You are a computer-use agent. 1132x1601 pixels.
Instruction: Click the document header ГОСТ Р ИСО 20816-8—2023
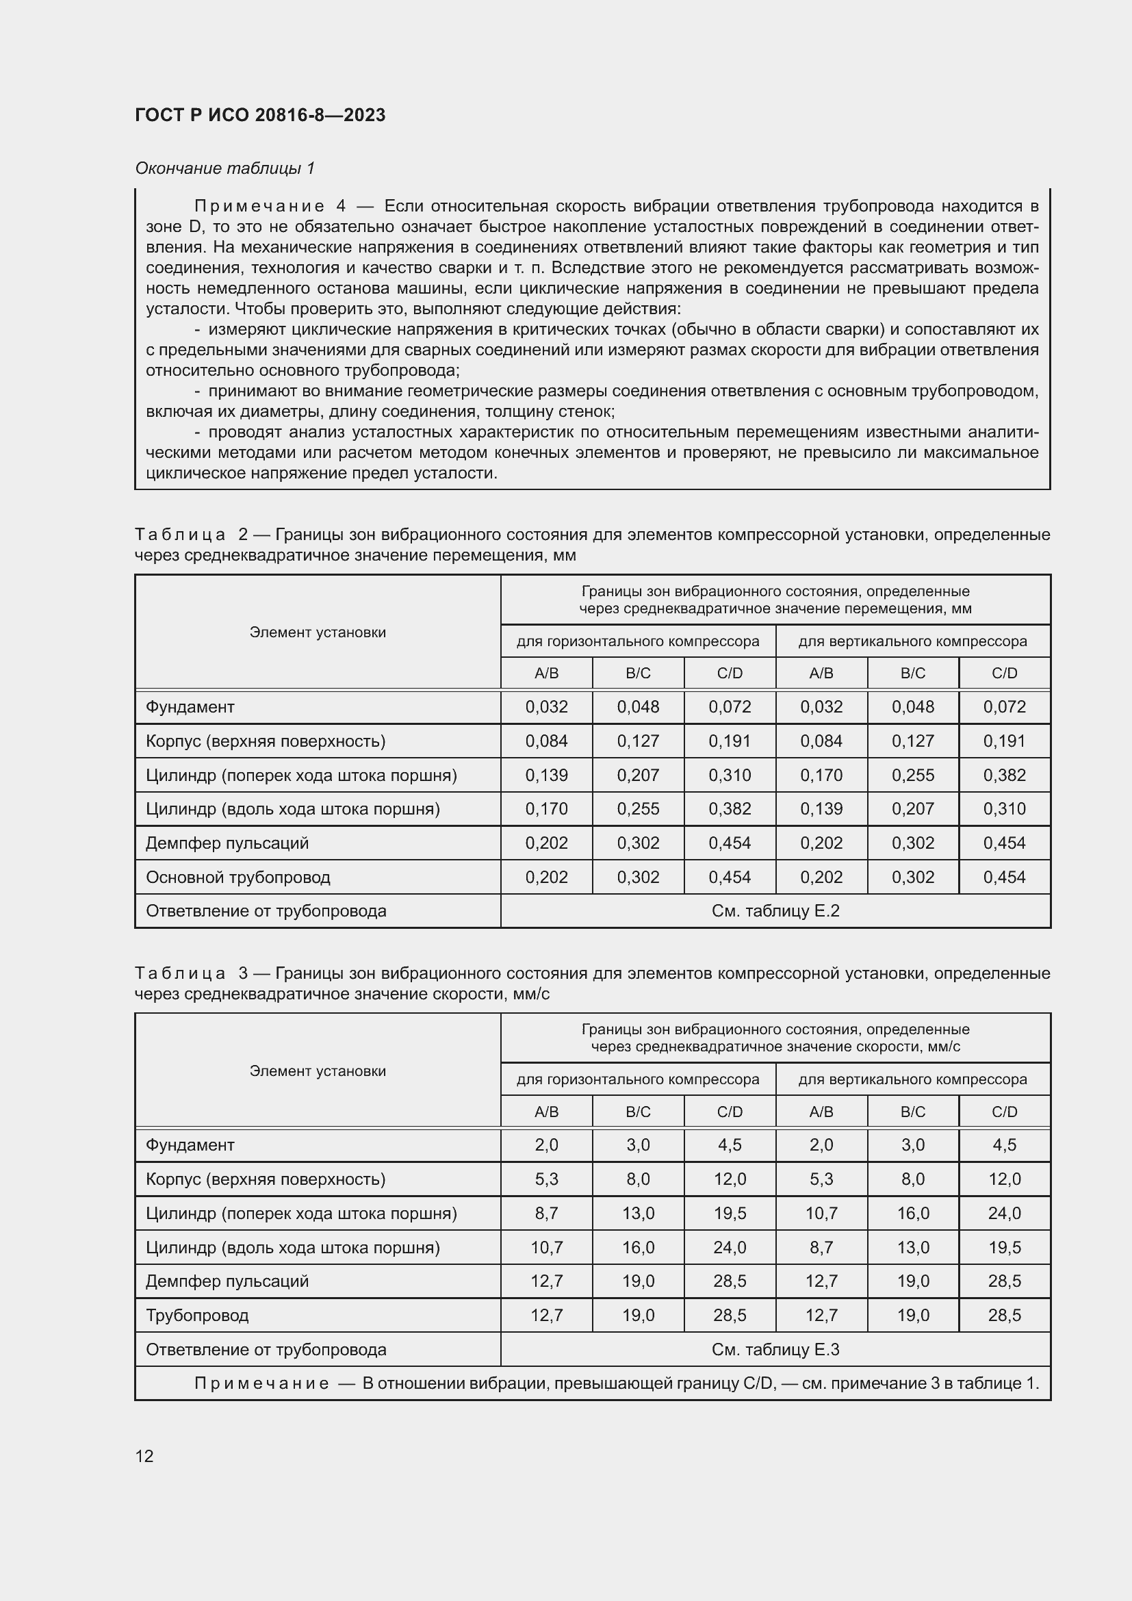pyautogui.click(x=260, y=116)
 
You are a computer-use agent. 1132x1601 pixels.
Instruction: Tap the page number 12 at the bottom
pyautogui.click(x=144, y=1456)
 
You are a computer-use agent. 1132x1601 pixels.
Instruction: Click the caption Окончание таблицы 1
pyautogui.click(x=225, y=168)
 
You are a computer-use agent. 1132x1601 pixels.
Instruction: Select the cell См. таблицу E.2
pyautogui.click(x=775, y=910)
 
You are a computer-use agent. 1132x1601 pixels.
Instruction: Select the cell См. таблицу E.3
pyautogui.click(x=775, y=1349)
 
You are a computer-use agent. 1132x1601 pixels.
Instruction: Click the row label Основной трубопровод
pyautogui.click(x=237, y=877)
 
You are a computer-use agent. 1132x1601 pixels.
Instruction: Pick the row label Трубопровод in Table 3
pyautogui.click(x=197, y=1315)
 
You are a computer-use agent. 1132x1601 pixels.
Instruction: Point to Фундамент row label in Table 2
pyautogui.click(x=190, y=707)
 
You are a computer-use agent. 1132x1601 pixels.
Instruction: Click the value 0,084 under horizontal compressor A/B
pyautogui.click(x=546, y=741)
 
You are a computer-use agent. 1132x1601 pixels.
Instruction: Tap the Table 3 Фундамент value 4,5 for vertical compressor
pyautogui.click(x=1005, y=1145)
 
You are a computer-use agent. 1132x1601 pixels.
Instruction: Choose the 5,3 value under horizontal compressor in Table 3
pyautogui.click(x=546, y=1179)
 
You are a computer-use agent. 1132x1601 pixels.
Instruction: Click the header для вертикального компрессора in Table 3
pyautogui.click(x=912, y=1079)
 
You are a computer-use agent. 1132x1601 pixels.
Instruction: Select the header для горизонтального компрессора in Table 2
pyautogui.click(x=638, y=641)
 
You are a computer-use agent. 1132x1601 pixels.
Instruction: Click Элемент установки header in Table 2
pyautogui.click(x=317, y=632)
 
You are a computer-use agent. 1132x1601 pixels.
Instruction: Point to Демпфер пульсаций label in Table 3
pyautogui.click(x=227, y=1281)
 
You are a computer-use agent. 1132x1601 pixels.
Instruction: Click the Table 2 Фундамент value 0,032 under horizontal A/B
pyautogui.click(x=546, y=707)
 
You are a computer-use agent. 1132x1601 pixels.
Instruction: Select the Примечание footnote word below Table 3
pyautogui.click(x=261, y=1383)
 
